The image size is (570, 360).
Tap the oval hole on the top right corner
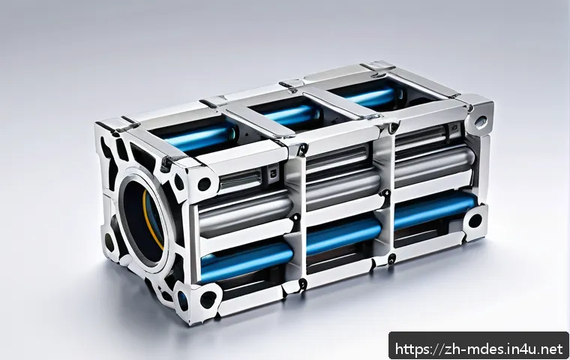481,120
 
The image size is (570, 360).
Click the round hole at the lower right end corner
475,220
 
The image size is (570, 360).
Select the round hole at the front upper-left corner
204,184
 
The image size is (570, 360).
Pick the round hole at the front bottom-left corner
208,299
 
